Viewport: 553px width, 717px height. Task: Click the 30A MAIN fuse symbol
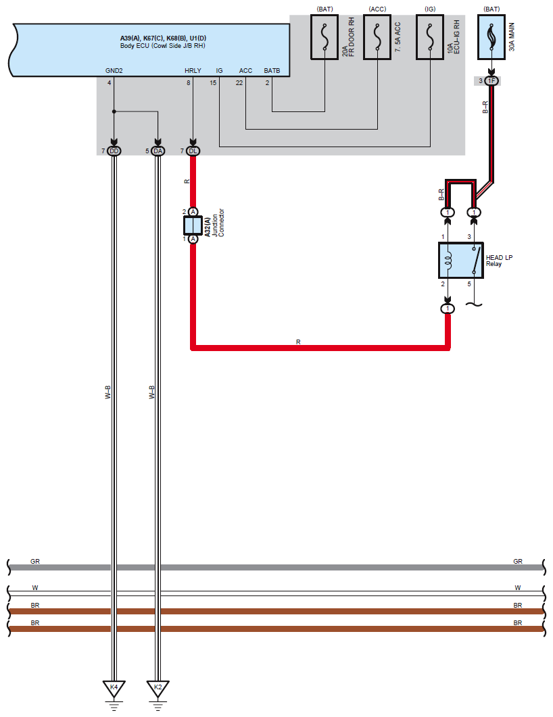[491, 39]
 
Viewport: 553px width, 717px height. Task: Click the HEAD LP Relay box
[460, 260]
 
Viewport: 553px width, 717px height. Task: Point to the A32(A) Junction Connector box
[193, 225]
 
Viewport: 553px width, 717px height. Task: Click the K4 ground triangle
[114, 688]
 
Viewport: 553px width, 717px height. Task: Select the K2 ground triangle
[158, 688]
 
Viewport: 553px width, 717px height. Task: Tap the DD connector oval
[114, 151]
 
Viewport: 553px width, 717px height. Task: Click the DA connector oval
[158, 151]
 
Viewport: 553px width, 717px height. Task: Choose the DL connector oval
[193, 151]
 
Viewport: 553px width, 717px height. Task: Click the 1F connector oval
[491, 81]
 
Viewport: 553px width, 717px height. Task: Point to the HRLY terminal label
[193, 70]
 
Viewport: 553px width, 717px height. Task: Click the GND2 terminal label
[114, 70]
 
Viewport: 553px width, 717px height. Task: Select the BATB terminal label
[272, 70]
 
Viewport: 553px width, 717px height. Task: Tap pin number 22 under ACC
[239, 83]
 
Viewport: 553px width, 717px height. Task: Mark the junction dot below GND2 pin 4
[114, 111]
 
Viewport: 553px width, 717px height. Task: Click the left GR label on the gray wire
[35, 561]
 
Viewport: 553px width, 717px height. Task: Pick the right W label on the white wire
[518, 587]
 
